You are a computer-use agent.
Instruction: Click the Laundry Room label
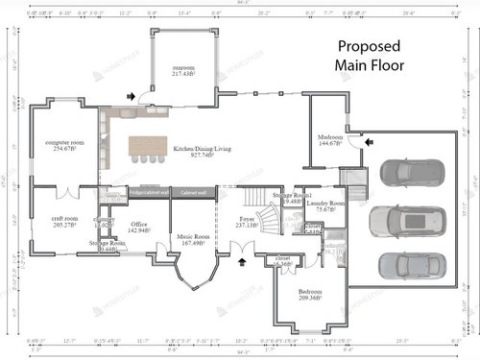(324, 204)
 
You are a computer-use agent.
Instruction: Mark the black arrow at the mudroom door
(372, 141)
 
